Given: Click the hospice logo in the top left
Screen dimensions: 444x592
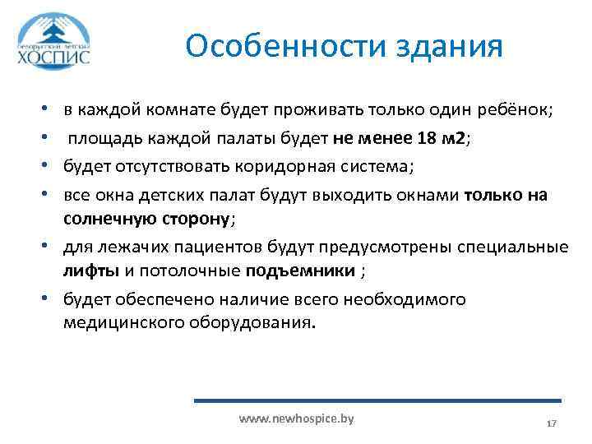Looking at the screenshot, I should pyautogui.click(x=54, y=40).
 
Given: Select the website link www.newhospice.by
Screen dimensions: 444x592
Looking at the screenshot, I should pyautogui.click(x=296, y=419).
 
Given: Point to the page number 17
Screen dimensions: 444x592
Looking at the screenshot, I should pyautogui.click(x=552, y=423).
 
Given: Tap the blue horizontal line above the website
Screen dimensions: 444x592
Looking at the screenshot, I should pyautogui.click(x=377, y=400).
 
